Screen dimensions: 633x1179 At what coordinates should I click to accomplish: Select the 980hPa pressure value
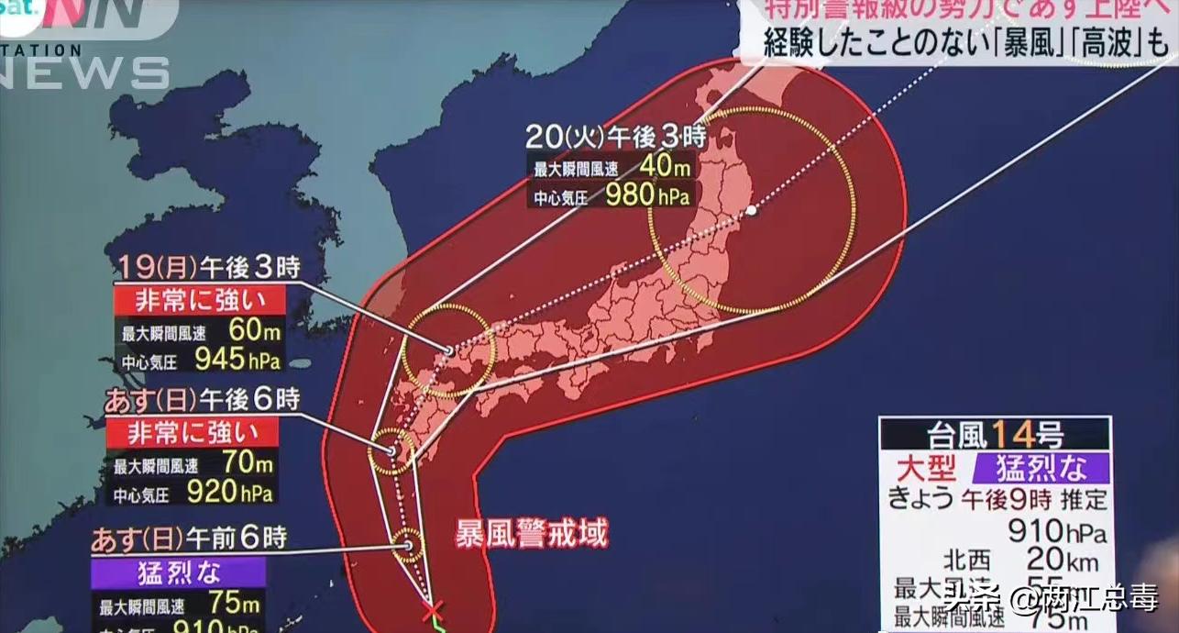click(646, 194)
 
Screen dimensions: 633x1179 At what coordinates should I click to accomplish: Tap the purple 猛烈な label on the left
click(179, 572)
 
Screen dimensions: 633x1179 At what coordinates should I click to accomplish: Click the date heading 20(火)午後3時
click(616, 137)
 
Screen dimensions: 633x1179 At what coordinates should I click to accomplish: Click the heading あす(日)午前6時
click(189, 536)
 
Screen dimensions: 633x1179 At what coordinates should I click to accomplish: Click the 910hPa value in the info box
click(1056, 530)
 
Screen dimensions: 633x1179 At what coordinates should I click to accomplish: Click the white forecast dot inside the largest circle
click(752, 210)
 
